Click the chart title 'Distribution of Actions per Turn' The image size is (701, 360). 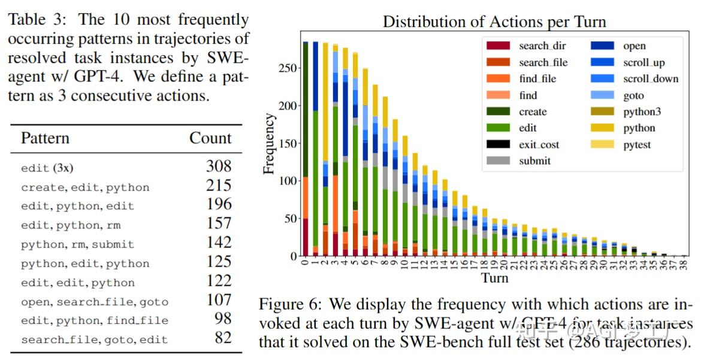[494, 22]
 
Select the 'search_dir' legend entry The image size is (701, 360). [542, 46]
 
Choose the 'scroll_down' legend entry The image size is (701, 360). [651, 78]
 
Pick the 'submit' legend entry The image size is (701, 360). [534, 161]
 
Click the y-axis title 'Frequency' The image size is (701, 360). [270, 144]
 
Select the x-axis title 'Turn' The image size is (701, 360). [494, 277]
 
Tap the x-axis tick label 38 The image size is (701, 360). [684, 264]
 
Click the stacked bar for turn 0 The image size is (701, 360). [306, 150]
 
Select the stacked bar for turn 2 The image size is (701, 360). [325, 150]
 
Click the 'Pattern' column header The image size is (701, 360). [45, 138]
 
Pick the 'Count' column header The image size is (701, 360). [210, 138]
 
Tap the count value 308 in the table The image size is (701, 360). [218, 167]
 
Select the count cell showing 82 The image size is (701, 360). [222, 338]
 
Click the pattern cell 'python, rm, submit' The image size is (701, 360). [77, 244]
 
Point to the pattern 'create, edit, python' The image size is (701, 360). [85, 187]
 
